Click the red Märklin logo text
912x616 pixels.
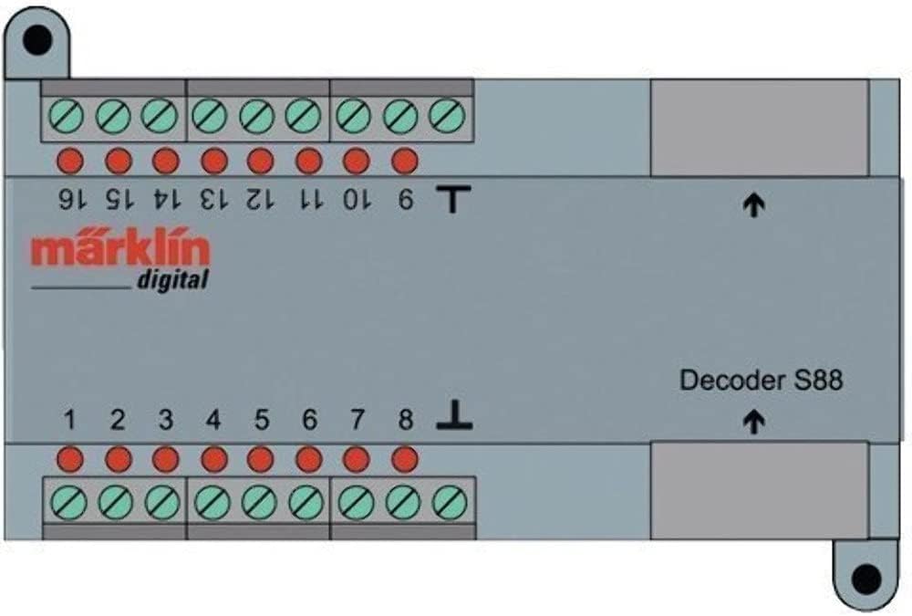[x=120, y=250]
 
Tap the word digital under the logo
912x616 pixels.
[x=172, y=280]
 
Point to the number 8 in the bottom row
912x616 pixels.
[x=406, y=421]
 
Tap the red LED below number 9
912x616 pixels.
[x=404, y=162]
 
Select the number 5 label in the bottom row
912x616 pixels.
[x=262, y=421]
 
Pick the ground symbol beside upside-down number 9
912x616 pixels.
[x=452, y=198]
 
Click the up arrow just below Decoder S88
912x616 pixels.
[x=753, y=422]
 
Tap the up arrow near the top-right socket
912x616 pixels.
[x=753, y=206]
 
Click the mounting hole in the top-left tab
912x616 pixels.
[x=36, y=39]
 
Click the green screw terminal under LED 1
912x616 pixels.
[x=69, y=502]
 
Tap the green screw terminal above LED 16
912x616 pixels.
[x=69, y=116]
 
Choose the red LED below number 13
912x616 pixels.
[x=213, y=162]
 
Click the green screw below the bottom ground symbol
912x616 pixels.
[x=451, y=502]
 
